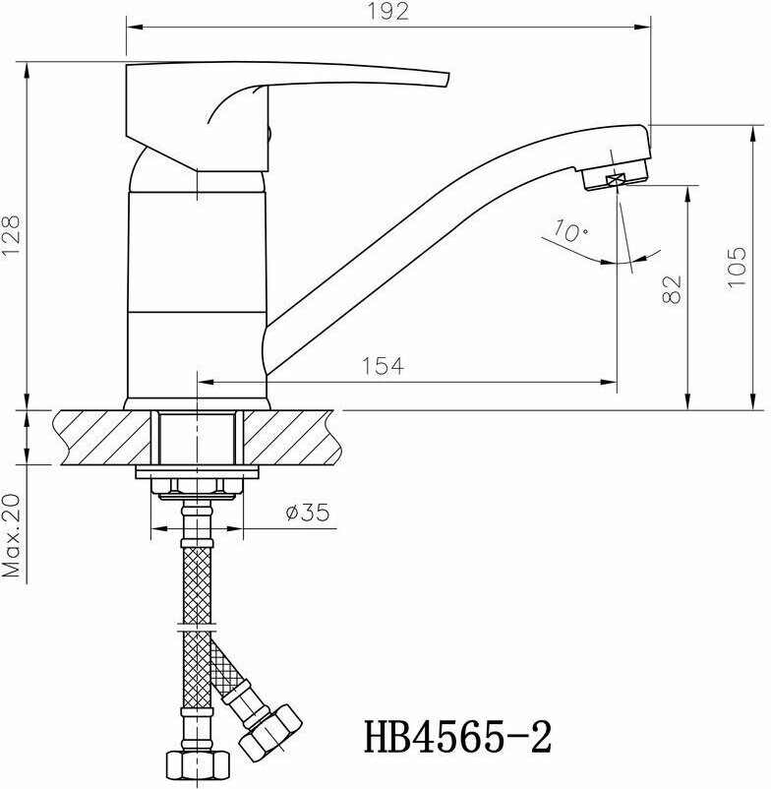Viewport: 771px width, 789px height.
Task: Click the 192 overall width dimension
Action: pos(387,12)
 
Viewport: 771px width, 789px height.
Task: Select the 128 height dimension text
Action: pos(11,235)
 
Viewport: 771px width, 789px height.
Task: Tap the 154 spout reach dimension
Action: pos(383,366)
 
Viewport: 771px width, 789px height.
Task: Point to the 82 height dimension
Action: pos(672,289)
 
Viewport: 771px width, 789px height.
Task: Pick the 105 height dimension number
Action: pos(738,268)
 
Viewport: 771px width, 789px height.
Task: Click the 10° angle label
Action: pos(570,230)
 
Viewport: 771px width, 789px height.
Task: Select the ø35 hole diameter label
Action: pos(307,513)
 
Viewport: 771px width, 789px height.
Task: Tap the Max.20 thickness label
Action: pos(11,535)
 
